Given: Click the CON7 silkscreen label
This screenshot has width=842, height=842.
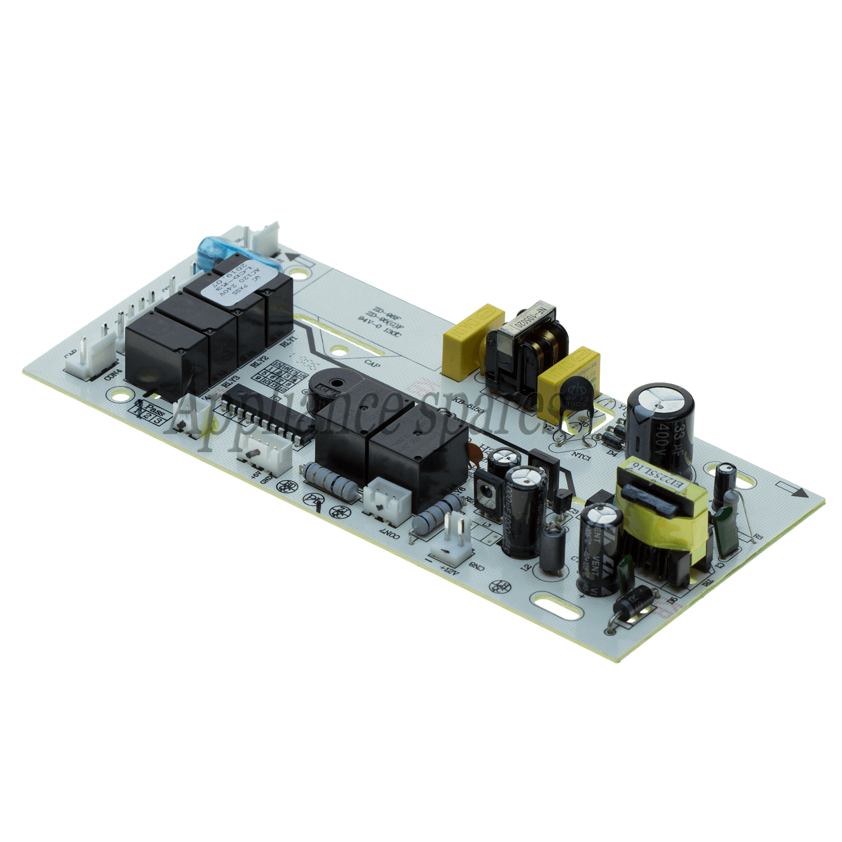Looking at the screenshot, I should pyautogui.click(x=392, y=531).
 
